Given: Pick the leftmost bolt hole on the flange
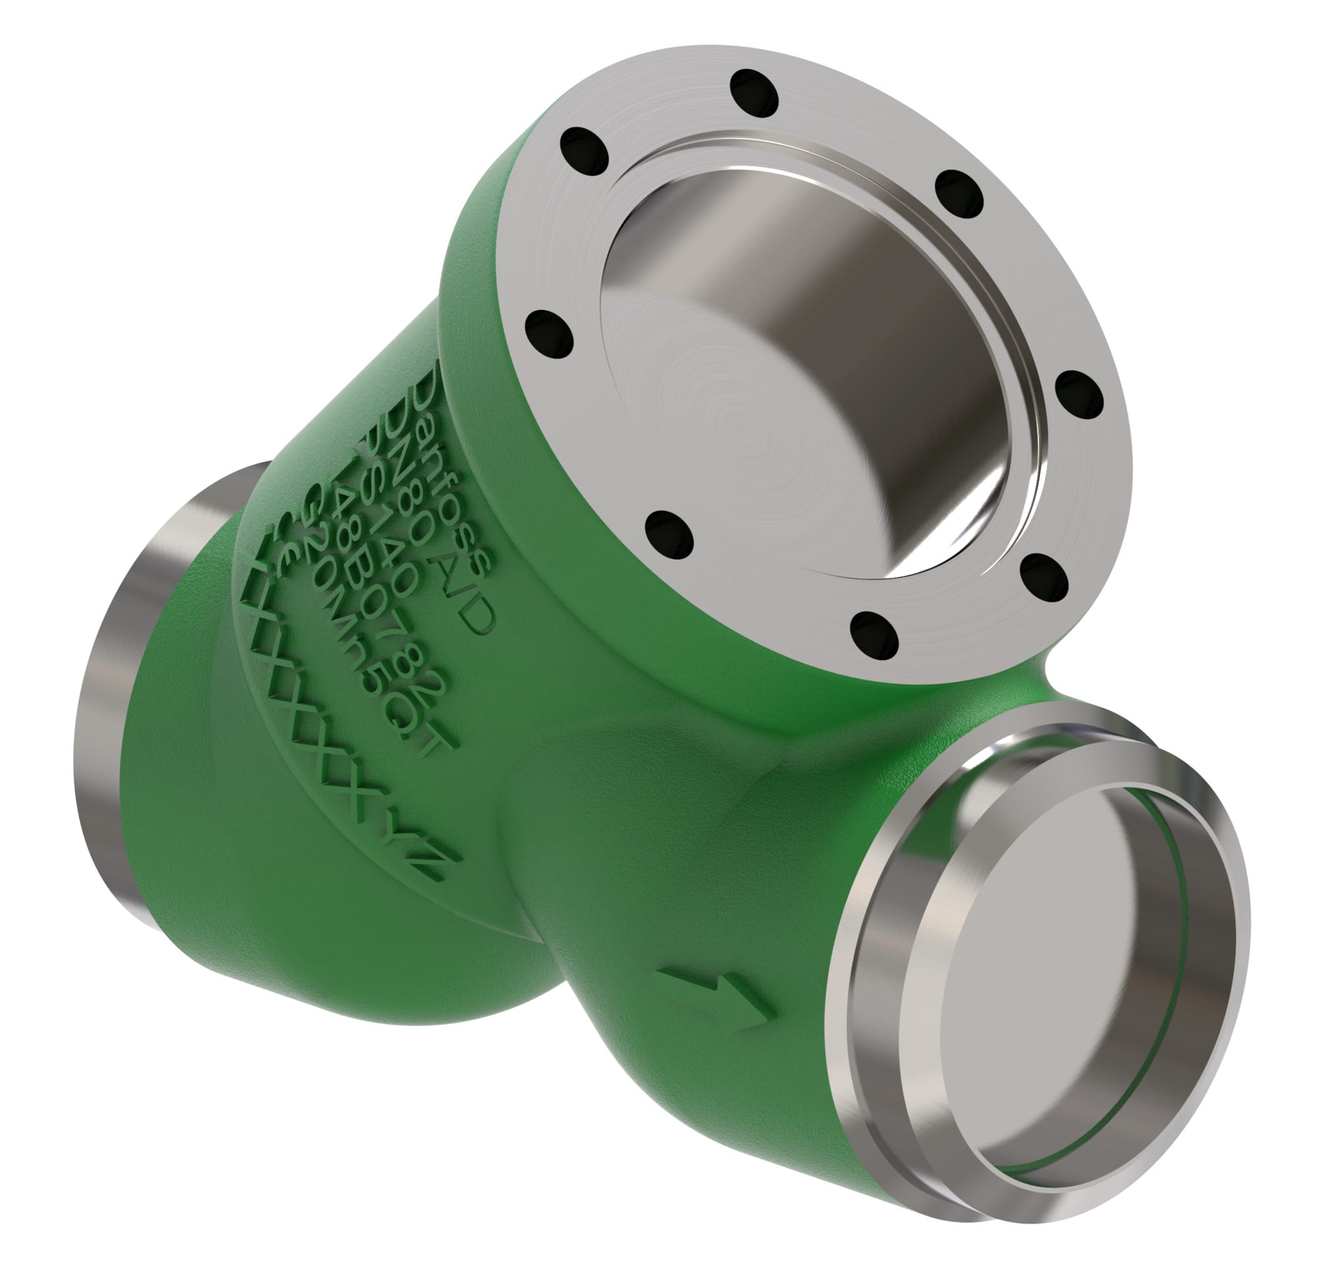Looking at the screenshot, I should click(x=550, y=334).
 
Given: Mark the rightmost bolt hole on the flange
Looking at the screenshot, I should click(x=1079, y=395).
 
